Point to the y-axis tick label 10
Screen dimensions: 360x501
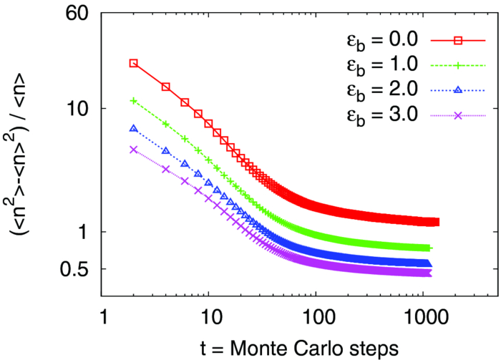point(77,109)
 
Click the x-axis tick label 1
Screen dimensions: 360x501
point(102,316)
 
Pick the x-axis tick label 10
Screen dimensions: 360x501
point(208,316)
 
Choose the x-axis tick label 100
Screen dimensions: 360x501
point(315,316)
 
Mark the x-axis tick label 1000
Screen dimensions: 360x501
point(422,316)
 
